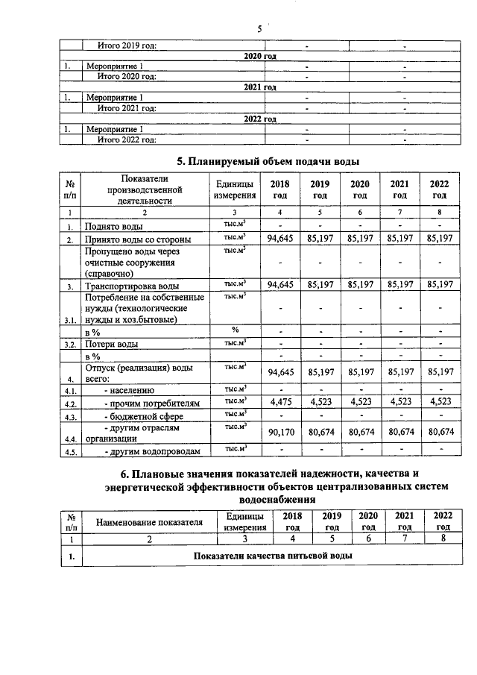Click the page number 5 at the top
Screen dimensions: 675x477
click(259, 30)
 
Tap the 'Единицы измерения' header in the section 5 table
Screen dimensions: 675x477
click(235, 189)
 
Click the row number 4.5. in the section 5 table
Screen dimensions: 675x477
click(70, 452)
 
